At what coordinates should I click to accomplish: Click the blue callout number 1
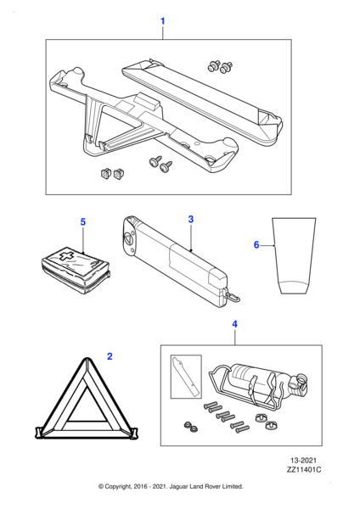163,21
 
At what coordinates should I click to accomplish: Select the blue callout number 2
110,356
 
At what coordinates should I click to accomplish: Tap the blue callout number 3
191,219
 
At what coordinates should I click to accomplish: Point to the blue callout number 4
234,324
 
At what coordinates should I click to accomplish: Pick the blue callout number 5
83,222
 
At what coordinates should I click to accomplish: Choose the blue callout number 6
256,245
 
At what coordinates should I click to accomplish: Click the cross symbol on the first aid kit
65,256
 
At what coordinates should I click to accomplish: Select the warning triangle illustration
87,399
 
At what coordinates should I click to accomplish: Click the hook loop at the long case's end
234,297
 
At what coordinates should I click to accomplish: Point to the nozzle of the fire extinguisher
301,382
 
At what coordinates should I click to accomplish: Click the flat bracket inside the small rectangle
186,377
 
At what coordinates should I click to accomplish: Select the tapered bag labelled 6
294,256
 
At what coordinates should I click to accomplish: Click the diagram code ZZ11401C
303,470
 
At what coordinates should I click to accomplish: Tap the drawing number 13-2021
303,461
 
